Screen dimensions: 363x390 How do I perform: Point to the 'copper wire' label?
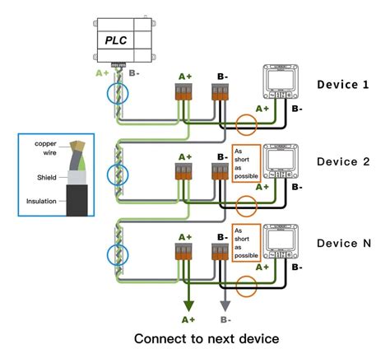pos(46,147)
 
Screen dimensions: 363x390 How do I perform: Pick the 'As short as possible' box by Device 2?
pos(247,162)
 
